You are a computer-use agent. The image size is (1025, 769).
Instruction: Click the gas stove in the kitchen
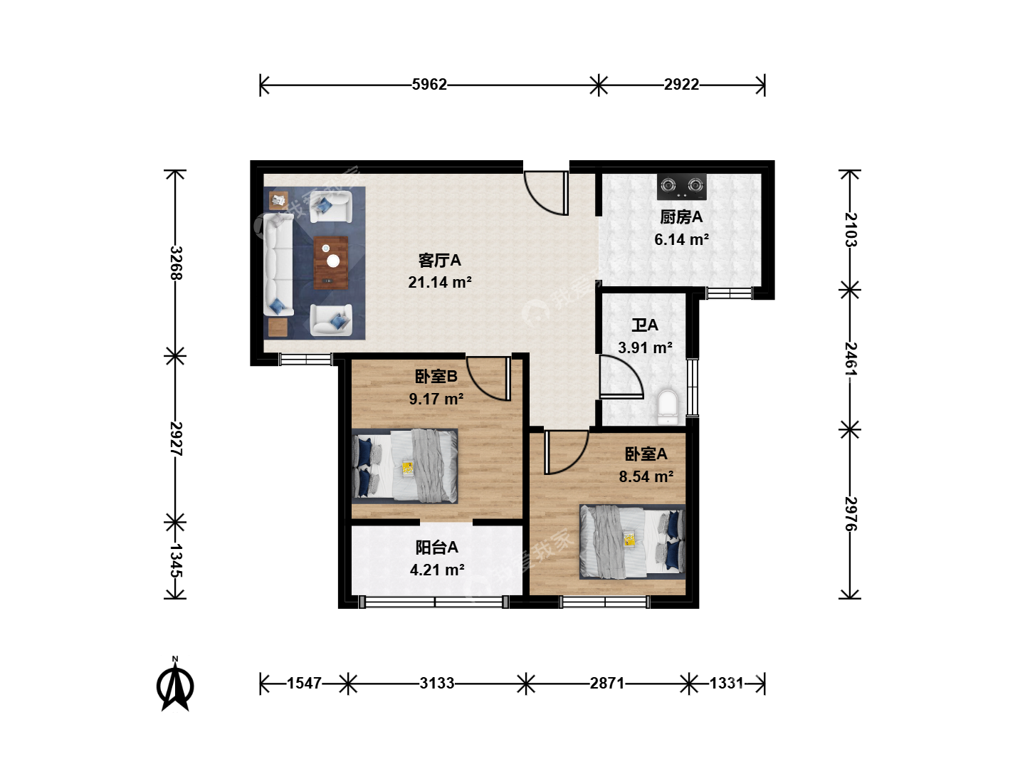(681, 187)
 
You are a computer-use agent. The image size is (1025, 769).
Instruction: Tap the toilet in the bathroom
(667, 407)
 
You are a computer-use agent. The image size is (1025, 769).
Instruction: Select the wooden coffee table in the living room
(330, 263)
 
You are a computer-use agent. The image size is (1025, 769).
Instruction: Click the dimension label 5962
(429, 85)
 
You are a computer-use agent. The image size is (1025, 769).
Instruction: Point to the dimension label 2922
(681, 85)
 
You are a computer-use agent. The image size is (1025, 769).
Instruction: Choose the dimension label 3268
(176, 263)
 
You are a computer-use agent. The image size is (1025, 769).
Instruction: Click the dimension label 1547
(304, 684)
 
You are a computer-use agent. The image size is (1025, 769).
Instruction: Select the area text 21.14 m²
(440, 283)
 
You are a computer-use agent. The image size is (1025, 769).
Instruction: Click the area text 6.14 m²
(681, 239)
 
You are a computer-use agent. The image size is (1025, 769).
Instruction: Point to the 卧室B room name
(436, 377)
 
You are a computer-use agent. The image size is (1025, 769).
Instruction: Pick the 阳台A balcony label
(436, 548)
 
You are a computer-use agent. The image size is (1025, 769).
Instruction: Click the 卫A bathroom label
(645, 325)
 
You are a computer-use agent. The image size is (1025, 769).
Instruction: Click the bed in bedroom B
(404, 466)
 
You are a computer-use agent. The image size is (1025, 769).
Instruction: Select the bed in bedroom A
(632, 542)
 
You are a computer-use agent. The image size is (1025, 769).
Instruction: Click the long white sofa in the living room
(278, 264)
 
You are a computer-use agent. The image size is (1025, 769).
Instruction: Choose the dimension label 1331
(726, 684)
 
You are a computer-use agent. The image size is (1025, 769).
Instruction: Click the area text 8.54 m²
(646, 477)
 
